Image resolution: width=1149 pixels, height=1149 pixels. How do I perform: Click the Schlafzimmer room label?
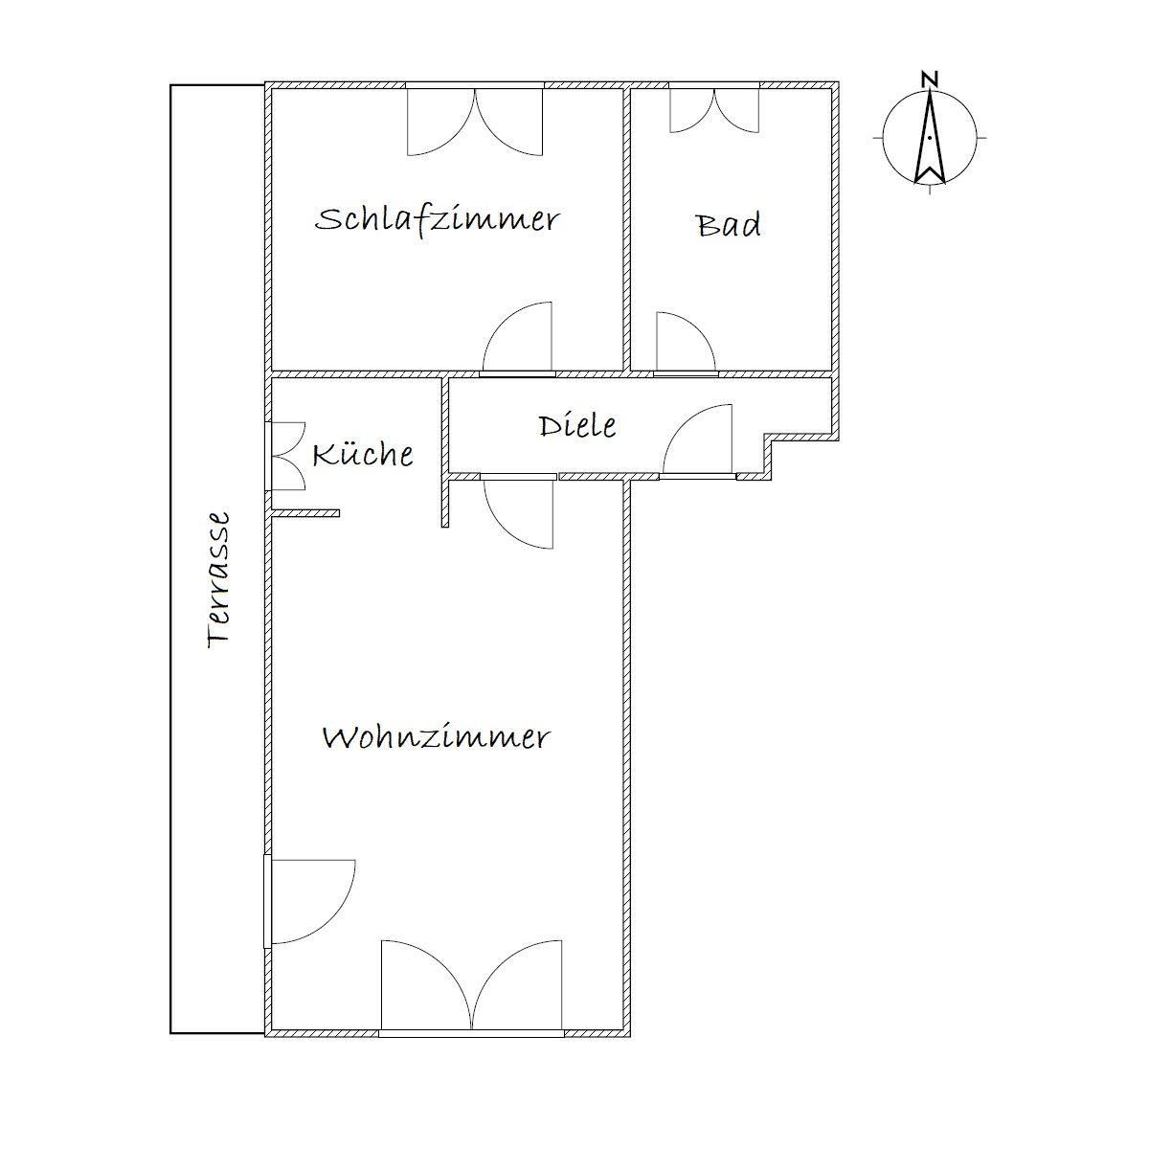click(437, 220)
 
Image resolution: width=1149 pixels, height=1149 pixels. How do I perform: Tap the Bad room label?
click(729, 224)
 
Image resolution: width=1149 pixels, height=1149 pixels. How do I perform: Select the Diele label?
click(577, 425)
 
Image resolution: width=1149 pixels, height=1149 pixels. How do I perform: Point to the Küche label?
click(363, 455)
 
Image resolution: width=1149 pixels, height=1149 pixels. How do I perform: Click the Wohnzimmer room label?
click(436, 737)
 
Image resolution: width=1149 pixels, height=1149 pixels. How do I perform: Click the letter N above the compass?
click(929, 79)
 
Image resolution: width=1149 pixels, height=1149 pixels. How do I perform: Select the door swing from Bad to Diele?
click(686, 342)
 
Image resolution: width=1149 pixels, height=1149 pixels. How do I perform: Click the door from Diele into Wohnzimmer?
click(519, 513)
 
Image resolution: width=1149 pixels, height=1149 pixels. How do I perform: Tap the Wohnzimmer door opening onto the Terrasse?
click(310, 901)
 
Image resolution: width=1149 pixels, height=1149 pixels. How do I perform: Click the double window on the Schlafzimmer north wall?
click(475, 123)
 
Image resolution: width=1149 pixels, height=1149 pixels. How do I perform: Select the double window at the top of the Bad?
click(714, 110)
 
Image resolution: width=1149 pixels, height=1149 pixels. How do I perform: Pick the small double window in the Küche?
click(287, 457)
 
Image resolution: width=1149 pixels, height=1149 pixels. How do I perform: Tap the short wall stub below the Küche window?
click(305, 513)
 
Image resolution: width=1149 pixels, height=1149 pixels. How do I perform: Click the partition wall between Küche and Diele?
click(445, 452)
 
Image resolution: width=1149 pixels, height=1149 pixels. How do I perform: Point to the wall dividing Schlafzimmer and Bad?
click(627, 230)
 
